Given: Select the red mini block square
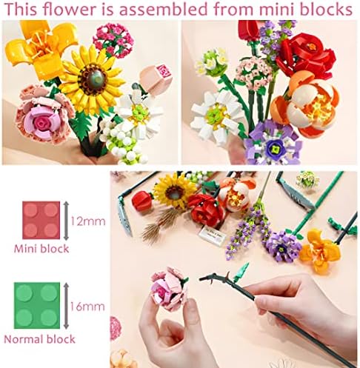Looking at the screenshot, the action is click(41, 220).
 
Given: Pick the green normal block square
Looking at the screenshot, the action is click(37, 306).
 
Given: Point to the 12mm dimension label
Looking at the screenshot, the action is click(88, 221).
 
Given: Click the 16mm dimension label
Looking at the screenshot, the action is click(87, 307).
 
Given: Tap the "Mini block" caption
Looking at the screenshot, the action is click(41, 249).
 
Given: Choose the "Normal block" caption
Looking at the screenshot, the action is click(39, 339).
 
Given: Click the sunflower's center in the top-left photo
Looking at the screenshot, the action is click(94, 77).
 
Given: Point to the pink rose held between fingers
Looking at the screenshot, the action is click(168, 287).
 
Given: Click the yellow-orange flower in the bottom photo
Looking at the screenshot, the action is click(320, 250).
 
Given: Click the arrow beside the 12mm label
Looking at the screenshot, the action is click(66, 221).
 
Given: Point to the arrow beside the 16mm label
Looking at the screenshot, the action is click(66, 306).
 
